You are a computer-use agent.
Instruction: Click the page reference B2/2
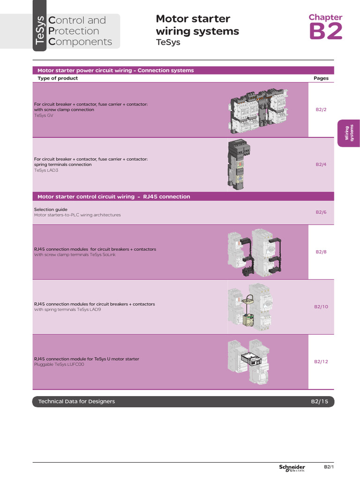click(321, 110)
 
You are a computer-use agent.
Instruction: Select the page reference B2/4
click(321, 165)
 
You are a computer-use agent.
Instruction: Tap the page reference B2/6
click(321, 212)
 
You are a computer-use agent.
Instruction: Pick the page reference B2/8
click(321, 252)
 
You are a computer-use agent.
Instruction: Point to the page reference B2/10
click(321, 307)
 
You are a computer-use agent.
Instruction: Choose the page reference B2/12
click(321, 361)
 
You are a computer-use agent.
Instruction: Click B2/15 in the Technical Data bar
click(320, 402)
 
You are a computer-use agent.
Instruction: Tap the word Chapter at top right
click(325, 17)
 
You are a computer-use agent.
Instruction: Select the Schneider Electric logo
click(292, 468)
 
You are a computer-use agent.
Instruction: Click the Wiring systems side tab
click(347, 133)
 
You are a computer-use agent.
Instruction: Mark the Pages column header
click(321, 78)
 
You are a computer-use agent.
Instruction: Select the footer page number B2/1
click(329, 467)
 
